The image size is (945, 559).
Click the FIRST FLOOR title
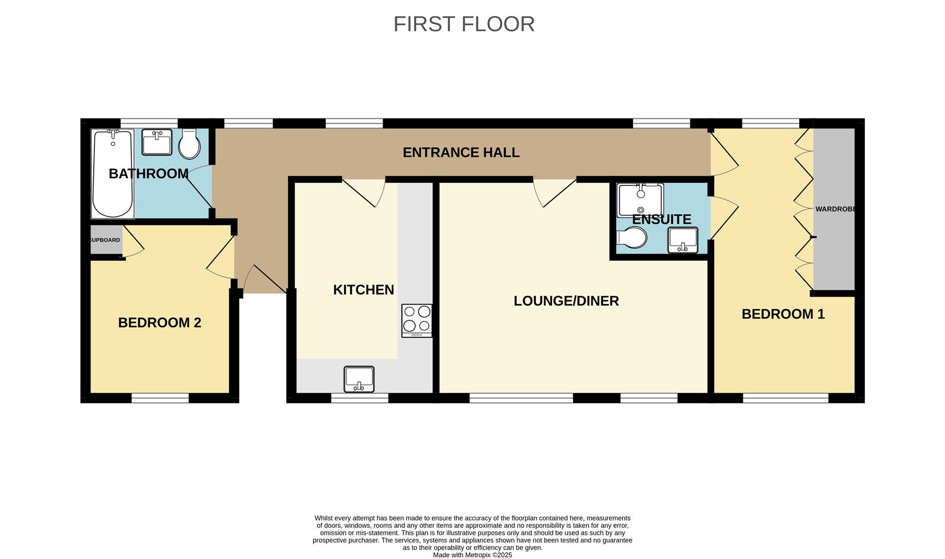point(464,24)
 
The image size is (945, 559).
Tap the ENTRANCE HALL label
point(461,152)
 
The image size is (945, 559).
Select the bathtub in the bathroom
point(113,174)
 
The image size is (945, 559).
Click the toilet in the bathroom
point(189,144)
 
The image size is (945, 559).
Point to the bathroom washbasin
point(157,142)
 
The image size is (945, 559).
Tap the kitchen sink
point(359,379)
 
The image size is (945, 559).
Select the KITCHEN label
point(364,290)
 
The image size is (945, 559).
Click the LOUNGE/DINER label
point(566,301)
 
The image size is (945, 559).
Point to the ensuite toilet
point(632,238)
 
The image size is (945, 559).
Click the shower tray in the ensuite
point(640,200)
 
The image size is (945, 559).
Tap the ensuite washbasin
point(683,240)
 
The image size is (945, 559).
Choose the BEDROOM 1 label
point(783,314)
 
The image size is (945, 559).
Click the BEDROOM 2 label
point(159,322)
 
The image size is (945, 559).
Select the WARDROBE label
point(835,209)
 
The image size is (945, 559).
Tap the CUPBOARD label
point(105,240)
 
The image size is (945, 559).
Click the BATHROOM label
point(148,174)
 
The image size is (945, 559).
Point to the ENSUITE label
point(662,219)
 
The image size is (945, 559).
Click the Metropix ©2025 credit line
point(472,555)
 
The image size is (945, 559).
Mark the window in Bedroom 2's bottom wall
point(160,398)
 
